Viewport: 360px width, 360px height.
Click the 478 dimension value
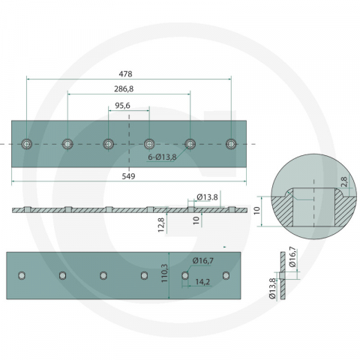(127, 73)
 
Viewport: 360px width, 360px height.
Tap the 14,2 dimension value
(201, 283)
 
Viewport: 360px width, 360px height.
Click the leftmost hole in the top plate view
(27, 142)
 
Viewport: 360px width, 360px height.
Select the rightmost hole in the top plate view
(230, 142)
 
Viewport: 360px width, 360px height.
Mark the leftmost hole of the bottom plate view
(22, 275)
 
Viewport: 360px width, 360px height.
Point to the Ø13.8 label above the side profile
(207, 197)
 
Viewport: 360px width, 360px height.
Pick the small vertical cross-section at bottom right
(283, 276)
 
